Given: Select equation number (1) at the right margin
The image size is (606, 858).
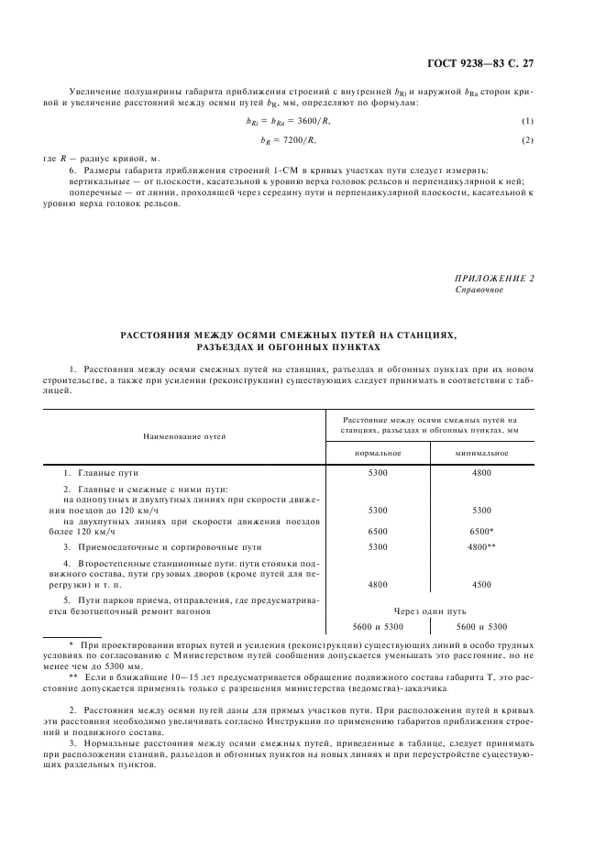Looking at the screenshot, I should coord(527,122).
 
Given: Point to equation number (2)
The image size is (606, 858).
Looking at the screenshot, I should coord(527,139).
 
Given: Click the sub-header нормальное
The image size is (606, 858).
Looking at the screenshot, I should coord(378,453).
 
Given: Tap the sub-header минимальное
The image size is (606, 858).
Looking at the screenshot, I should coord(481,453).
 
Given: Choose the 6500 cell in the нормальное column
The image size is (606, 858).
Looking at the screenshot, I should coord(378,531).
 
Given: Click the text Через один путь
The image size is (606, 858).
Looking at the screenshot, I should coord(429,609).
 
